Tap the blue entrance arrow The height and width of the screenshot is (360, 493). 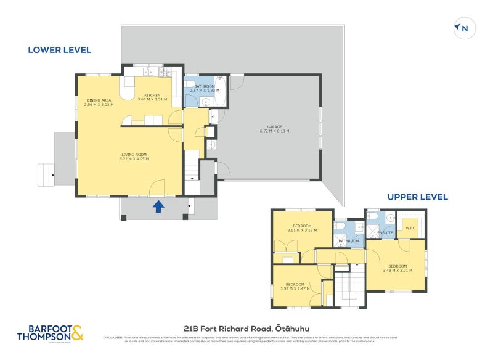[158, 206]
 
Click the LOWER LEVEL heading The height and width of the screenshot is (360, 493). [59, 50]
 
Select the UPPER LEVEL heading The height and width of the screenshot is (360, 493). [417, 197]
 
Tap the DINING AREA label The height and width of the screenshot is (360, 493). [98, 100]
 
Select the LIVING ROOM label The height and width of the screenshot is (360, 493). [134, 154]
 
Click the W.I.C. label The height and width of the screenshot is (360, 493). [411, 228]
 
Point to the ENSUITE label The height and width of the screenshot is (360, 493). [384, 233]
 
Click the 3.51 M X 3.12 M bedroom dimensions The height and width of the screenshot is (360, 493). [302, 231]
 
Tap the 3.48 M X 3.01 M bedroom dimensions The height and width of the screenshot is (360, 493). [397, 270]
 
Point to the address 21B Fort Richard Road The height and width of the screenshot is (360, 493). [248, 329]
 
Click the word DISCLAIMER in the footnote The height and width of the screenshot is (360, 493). [113, 337]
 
